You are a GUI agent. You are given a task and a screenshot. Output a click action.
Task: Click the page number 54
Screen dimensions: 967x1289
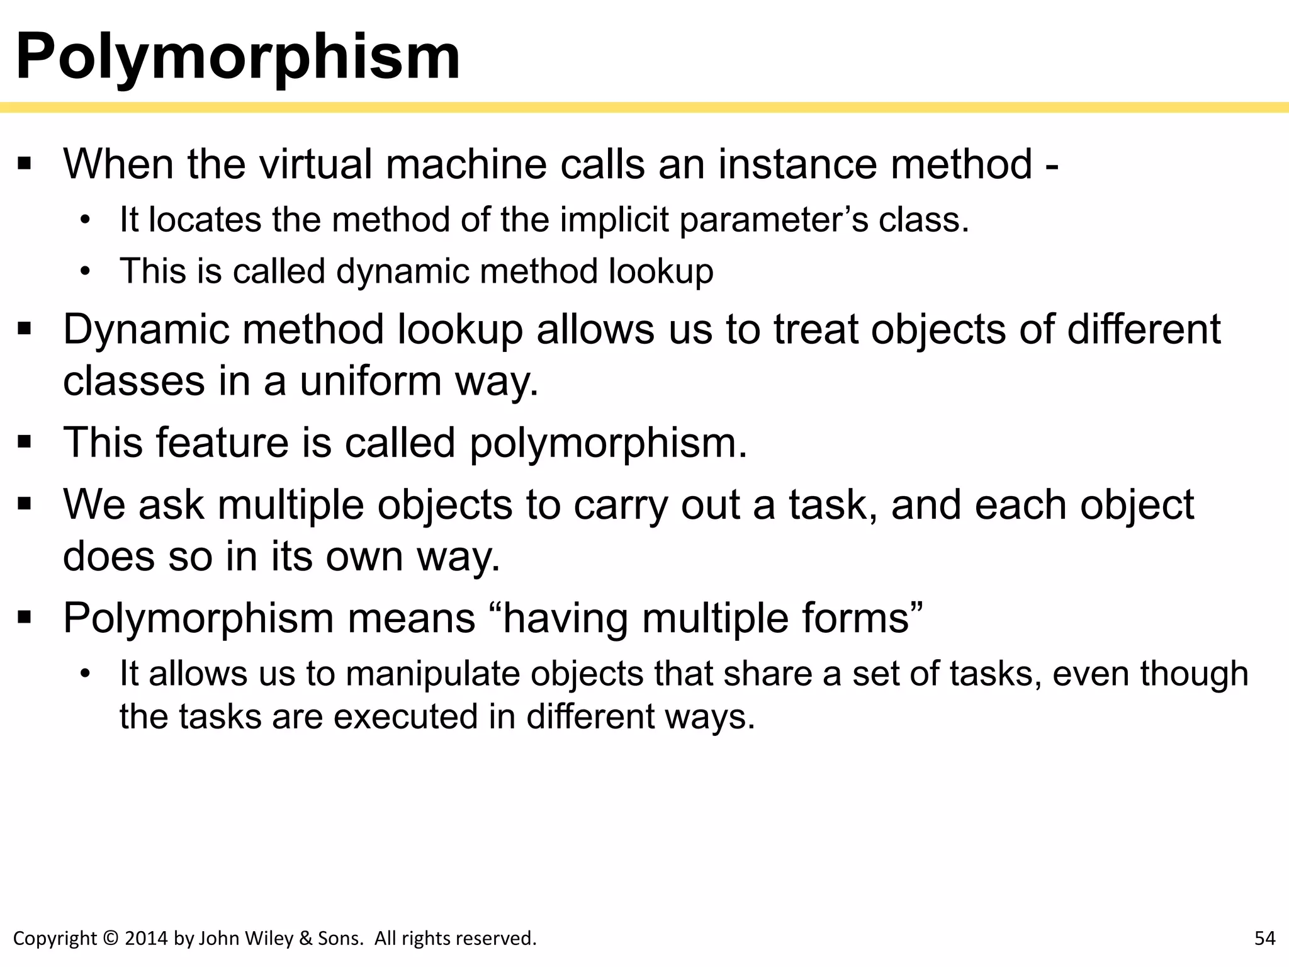pos(1264,939)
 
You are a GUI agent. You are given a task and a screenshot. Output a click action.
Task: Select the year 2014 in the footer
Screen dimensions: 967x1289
pos(147,939)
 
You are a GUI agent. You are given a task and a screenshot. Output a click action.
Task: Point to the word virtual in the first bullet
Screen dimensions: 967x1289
pos(316,164)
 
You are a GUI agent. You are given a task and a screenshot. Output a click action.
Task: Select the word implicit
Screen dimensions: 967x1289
pos(614,220)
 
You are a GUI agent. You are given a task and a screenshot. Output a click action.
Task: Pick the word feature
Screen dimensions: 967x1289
pos(222,443)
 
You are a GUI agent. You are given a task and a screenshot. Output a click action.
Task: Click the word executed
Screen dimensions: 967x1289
pos(405,716)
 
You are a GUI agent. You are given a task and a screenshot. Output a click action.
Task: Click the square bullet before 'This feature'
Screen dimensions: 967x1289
pos(25,443)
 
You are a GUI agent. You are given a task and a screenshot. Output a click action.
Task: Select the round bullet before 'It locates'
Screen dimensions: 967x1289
pos(86,220)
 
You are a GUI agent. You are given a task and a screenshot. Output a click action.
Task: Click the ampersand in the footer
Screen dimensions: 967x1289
pos(306,939)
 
